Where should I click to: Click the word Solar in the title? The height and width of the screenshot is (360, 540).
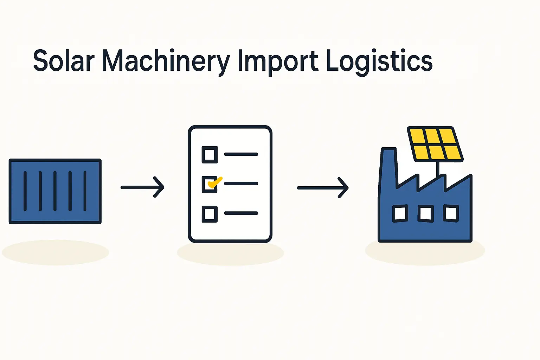coord(64,61)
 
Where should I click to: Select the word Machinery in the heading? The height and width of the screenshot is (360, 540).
coord(166,62)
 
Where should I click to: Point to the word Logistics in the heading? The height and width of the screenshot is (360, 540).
coord(379,62)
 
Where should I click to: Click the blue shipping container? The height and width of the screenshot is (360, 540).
coord(55,191)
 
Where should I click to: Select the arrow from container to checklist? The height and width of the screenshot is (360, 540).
coord(142,187)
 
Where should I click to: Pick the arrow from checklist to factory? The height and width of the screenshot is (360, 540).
coord(322,188)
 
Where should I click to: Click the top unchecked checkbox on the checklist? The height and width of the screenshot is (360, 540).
coord(210,154)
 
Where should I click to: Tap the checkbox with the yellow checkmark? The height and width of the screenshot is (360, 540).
coord(210,184)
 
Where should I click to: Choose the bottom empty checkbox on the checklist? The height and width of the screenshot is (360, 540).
coord(210,214)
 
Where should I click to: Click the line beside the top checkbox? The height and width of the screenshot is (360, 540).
coord(241,154)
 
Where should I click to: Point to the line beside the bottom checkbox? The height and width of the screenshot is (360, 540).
coord(241,213)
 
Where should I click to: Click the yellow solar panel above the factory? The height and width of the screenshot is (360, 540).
coord(435,144)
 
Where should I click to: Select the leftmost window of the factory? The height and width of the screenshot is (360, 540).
coord(400,213)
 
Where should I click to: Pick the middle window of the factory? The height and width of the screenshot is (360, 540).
coord(425,213)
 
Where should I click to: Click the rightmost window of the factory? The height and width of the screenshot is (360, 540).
coord(451,213)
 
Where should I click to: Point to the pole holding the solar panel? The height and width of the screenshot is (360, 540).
coord(438,169)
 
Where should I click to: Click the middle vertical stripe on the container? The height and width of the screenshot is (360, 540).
coord(55,191)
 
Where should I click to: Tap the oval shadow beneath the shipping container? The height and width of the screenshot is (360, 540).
coord(55,252)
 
